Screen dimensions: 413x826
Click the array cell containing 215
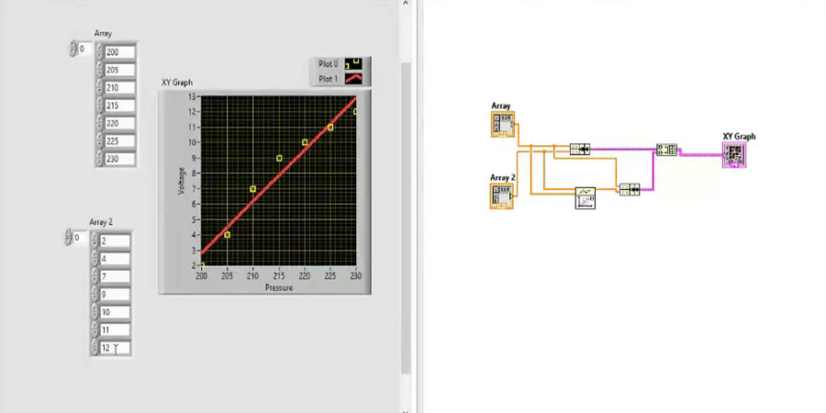[x=120, y=106]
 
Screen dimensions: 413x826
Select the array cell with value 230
[x=120, y=159]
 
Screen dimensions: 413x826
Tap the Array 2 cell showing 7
[x=115, y=276]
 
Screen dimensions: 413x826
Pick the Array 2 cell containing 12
[x=115, y=348]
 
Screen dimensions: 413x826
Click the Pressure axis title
[x=279, y=287]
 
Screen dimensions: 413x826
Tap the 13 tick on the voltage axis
[x=193, y=96]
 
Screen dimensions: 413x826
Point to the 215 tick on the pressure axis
[x=279, y=275]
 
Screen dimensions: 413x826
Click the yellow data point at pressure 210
[x=253, y=189]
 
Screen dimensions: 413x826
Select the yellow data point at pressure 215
[x=279, y=159]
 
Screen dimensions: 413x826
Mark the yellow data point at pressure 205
[x=228, y=235]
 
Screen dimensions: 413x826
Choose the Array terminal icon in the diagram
[x=502, y=125]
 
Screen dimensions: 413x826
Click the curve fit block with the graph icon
[x=586, y=197]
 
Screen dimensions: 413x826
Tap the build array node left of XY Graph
[x=666, y=151]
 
